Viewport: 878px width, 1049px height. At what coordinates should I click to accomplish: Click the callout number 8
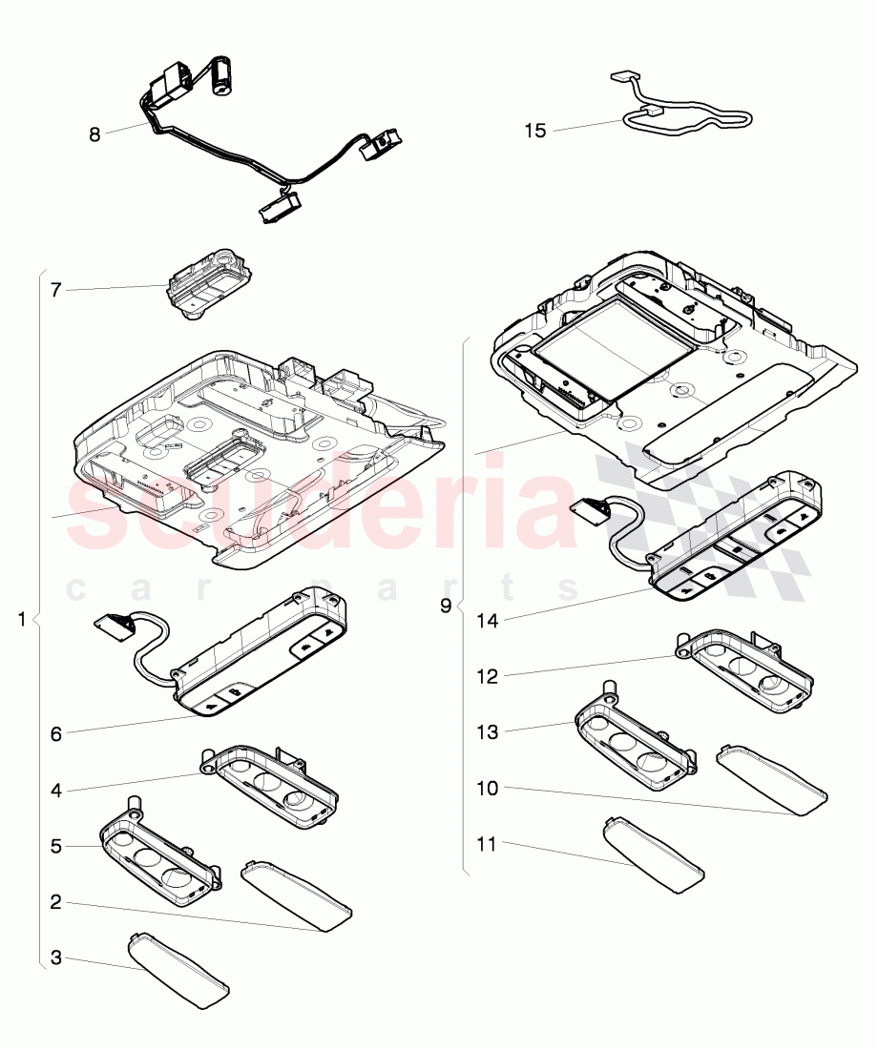94,134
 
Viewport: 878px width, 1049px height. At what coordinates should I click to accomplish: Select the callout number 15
535,131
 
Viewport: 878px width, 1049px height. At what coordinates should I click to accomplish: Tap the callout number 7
56,290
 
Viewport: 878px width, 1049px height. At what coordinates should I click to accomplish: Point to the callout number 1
22,620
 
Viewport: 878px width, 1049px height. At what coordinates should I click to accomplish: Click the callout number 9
446,607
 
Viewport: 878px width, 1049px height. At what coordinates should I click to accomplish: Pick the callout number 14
489,620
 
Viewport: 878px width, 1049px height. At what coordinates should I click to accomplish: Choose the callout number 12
489,676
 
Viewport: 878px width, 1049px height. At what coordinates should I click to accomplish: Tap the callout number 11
489,844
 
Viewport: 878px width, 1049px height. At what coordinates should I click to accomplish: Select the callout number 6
56,733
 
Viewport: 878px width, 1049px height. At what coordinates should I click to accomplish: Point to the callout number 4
56,790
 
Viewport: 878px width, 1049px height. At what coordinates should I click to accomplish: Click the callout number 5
56,845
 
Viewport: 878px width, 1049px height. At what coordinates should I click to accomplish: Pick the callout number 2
56,901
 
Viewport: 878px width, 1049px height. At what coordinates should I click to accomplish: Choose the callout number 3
56,957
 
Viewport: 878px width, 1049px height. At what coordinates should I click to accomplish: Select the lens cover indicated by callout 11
654,854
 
